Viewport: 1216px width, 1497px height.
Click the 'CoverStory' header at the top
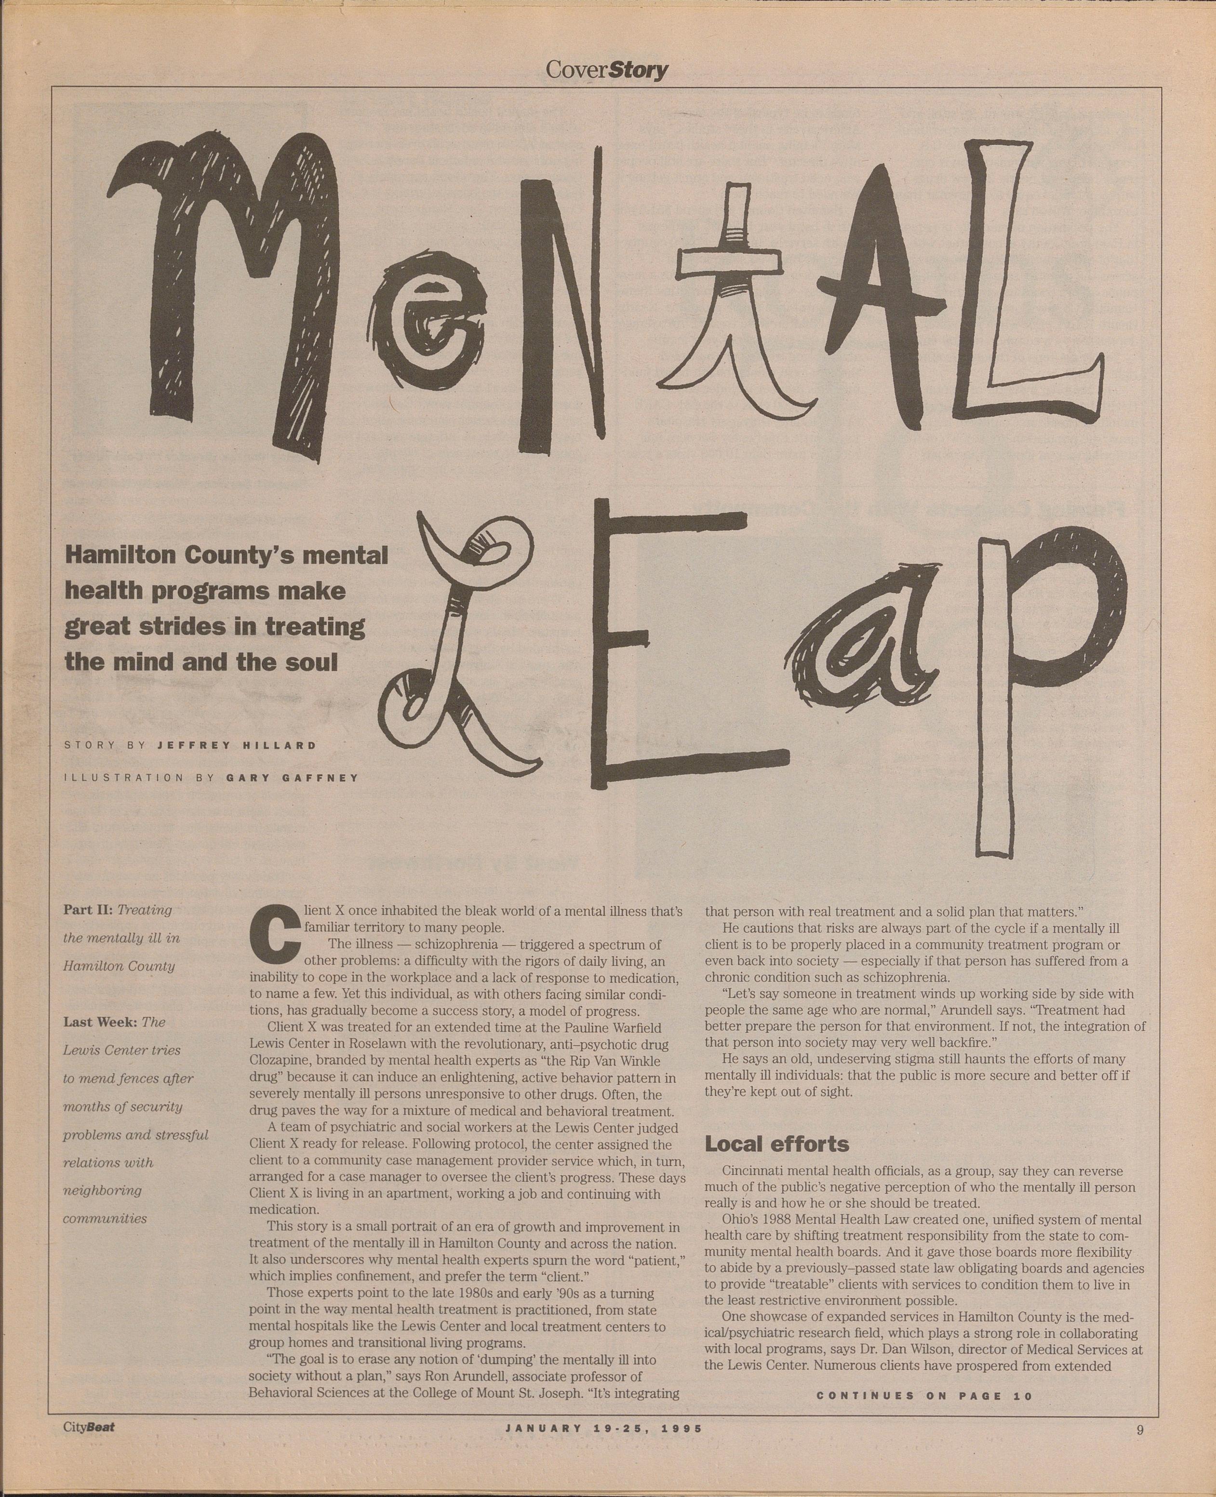click(607, 70)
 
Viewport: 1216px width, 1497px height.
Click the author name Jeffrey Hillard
click(237, 745)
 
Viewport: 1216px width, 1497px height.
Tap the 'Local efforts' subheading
click(776, 1144)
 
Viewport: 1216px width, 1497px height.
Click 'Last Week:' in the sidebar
click(100, 1022)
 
